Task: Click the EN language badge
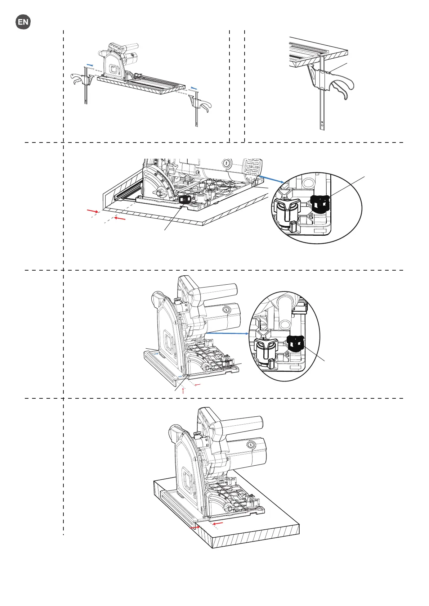point(23,22)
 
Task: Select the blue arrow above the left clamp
point(90,65)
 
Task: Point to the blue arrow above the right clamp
point(194,88)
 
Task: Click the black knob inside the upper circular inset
point(320,204)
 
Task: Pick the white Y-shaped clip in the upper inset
point(287,209)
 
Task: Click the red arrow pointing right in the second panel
point(93,211)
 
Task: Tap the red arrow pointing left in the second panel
point(120,218)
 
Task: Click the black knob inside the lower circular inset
point(296,344)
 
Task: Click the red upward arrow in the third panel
point(183,390)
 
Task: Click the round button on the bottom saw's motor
point(251,445)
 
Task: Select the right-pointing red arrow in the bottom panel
point(195,528)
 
